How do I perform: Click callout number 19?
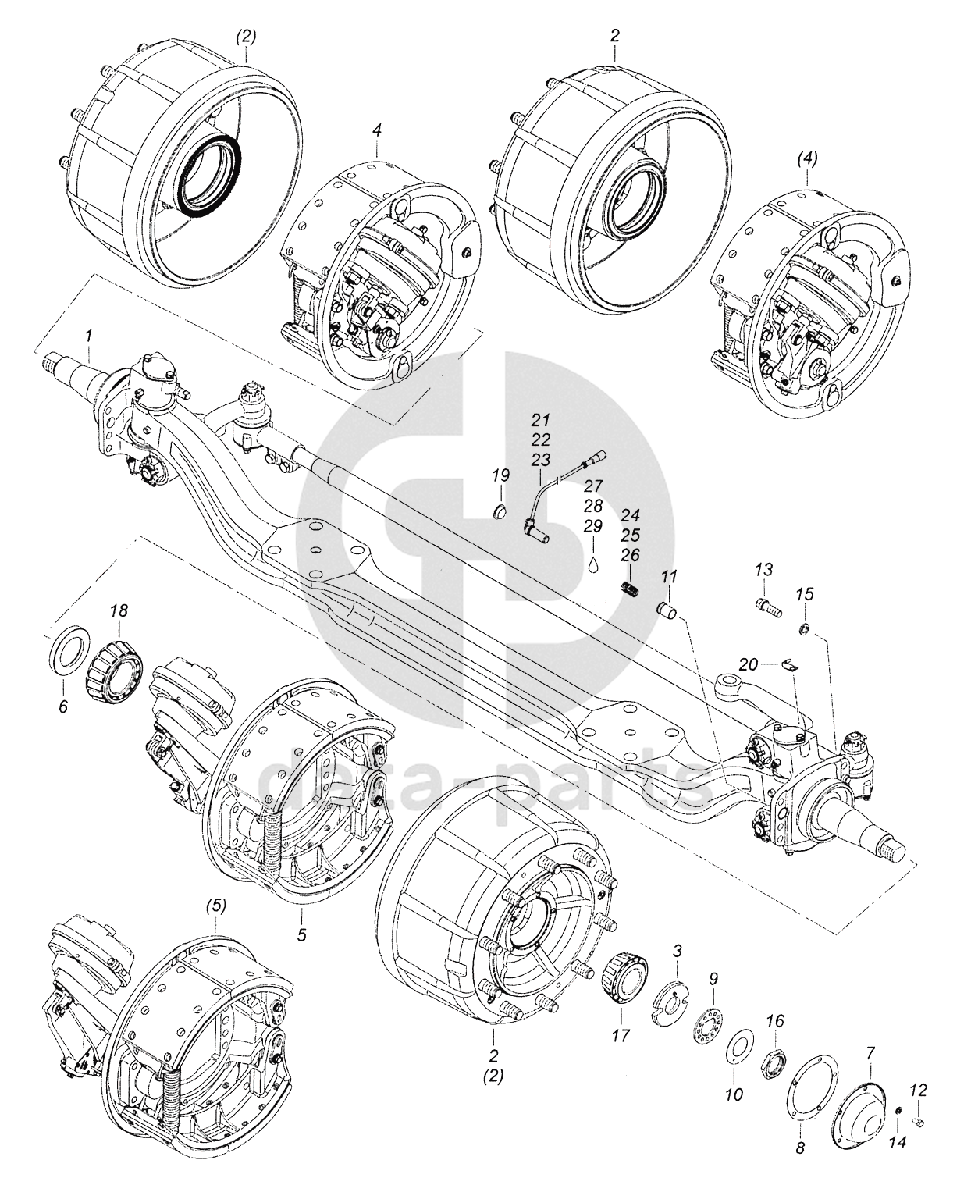point(500,475)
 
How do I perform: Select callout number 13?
point(764,570)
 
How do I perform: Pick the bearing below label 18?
point(113,666)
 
